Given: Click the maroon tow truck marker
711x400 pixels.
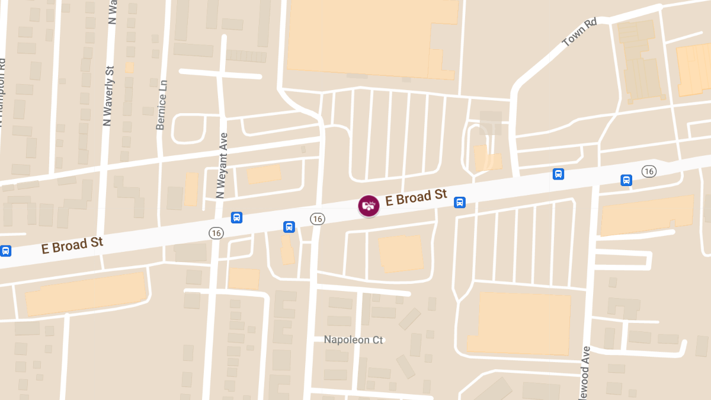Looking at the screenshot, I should [x=369, y=206].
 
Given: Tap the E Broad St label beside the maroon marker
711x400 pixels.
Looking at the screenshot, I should [x=416, y=197].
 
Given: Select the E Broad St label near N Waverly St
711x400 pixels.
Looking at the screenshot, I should [x=72, y=245].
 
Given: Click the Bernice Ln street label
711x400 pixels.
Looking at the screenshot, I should [x=161, y=104].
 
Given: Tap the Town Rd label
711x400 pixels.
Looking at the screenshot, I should [x=579, y=33].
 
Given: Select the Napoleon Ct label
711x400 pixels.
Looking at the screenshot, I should [x=354, y=340].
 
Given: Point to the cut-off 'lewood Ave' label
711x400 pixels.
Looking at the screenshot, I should [x=586, y=373].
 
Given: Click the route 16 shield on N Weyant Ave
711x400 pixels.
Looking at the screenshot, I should [x=216, y=233].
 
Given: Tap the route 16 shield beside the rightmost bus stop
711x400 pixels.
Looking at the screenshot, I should [x=649, y=171].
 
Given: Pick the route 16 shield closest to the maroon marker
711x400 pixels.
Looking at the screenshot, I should [x=318, y=219].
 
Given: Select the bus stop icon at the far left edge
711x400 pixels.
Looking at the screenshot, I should [x=5, y=251].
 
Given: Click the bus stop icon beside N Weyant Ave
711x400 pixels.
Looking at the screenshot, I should [x=236, y=217].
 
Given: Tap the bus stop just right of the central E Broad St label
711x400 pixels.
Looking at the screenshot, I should [x=459, y=203].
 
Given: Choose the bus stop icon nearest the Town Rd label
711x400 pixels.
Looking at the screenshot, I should [x=558, y=174].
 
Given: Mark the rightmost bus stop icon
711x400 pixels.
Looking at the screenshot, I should [x=626, y=180].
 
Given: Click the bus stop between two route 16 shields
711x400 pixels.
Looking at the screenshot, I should [x=289, y=226].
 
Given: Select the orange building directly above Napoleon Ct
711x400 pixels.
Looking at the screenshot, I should [x=401, y=253].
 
